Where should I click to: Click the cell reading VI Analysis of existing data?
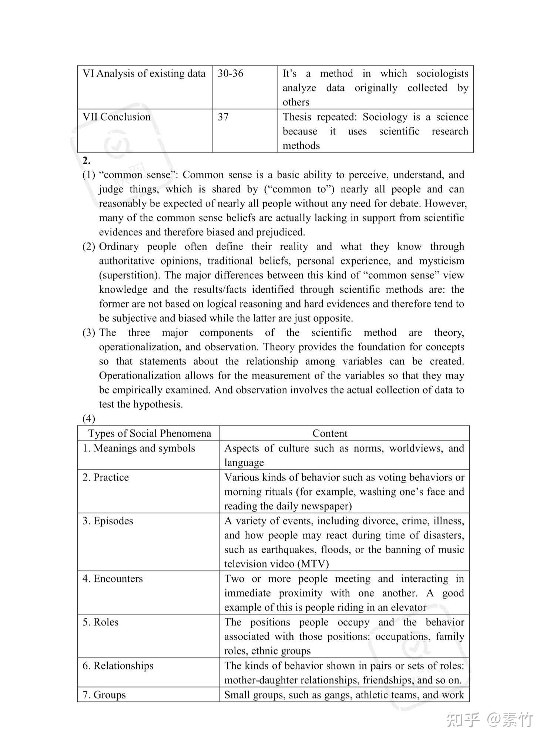coord(144,74)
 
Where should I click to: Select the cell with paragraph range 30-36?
coord(231,74)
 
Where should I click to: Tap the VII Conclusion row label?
coord(117,117)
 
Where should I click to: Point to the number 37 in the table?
coord(223,117)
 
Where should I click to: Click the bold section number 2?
coord(87,161)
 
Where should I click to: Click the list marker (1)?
coord(89,175)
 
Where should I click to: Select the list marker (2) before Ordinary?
coord(89,247)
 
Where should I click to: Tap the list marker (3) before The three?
coord(89,333)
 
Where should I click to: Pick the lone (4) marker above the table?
coord(89,419)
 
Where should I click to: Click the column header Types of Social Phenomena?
coord(150,433)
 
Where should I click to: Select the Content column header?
coord(330,433)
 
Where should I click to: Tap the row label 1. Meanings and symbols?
coord(139,448)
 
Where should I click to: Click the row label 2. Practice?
coord(106,477)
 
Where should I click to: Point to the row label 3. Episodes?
coord(108,521)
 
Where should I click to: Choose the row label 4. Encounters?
coord(113,578)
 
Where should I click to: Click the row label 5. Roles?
coord(101,622)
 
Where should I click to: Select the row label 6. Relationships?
coord(118,666)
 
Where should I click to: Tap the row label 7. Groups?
coord(104,695)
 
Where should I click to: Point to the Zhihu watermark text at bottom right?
coord(490,720)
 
